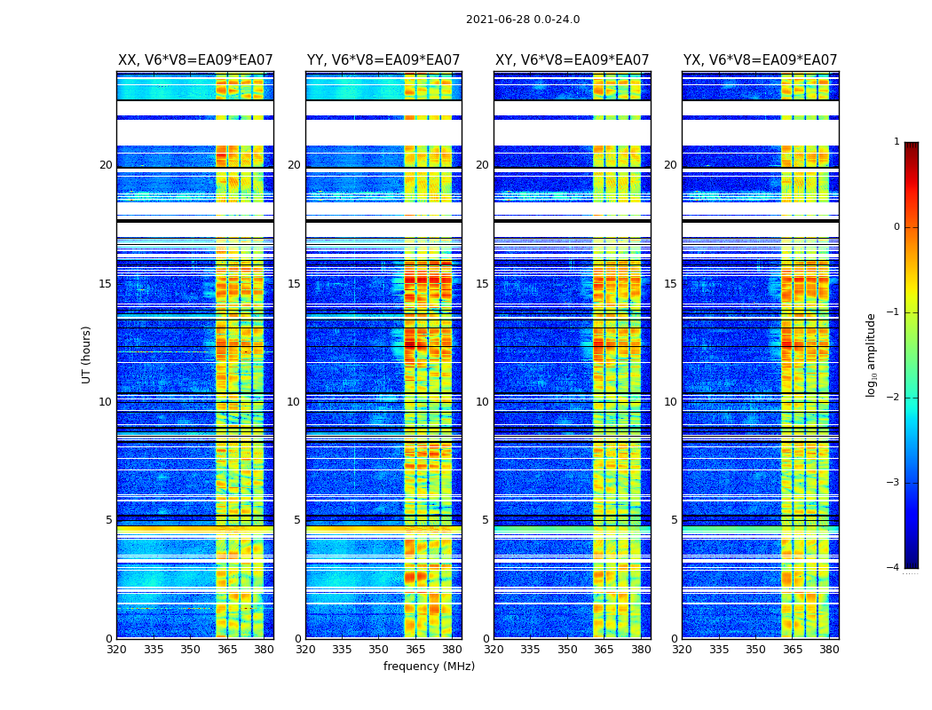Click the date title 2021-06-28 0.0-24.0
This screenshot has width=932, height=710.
(523, 20)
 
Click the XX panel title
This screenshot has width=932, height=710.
(195, 60)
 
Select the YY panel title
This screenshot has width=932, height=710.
(383, 60)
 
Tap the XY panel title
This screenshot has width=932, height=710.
(572, 60)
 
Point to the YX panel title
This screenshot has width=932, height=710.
(760, 60)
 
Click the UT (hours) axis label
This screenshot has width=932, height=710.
(86, 354)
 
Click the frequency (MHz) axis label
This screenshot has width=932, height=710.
(429, 667)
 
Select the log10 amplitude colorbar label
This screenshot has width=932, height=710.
(872, 354)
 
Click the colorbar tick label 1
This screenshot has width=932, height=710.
(896, 142)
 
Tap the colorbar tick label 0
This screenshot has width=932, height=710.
(896, 227)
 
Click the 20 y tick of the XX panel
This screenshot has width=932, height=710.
(106, 165)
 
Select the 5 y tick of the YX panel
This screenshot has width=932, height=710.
(674, 520)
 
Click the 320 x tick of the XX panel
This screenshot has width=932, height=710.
(117, 650)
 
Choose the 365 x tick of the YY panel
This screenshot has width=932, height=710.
(415, 650)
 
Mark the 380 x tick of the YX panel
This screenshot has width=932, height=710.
(829, 650)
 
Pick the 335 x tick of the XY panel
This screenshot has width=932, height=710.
(531, 650)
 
